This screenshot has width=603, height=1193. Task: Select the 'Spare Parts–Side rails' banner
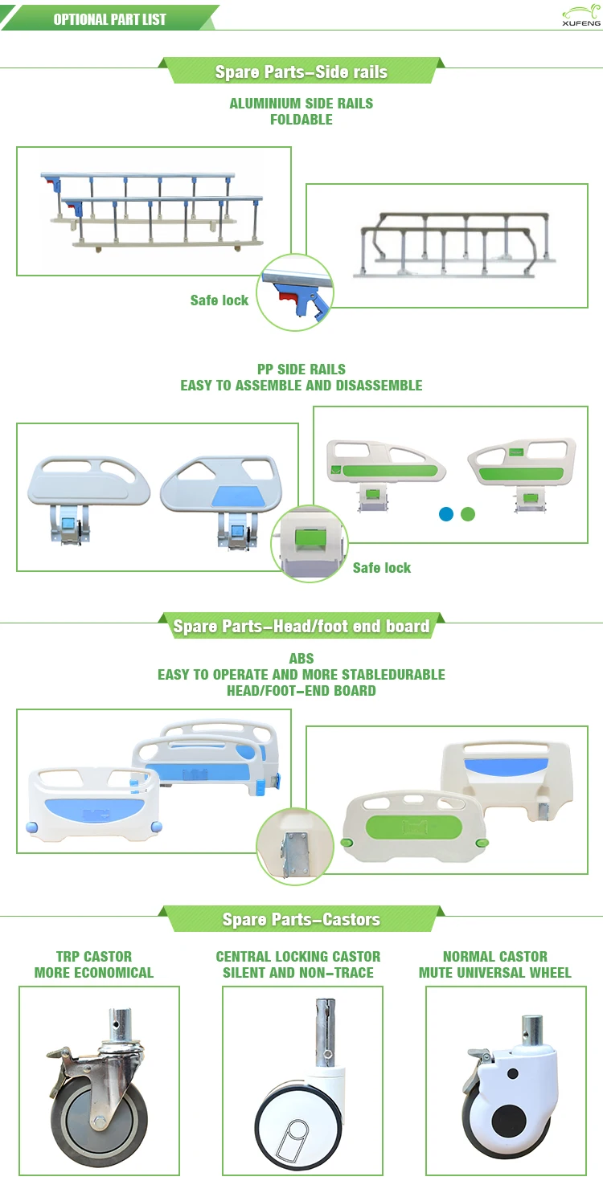pyautogui.click(x=301, y=71)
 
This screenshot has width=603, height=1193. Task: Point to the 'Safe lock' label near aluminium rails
pyautogui.click(x=219, y=300)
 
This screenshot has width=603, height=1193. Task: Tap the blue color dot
pyautogui.click(x=446, y=513)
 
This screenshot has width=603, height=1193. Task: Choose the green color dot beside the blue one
pyautogui.click(x=468, y=513)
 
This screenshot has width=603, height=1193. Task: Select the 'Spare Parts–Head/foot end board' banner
pyautogui.click(x=301, y=626)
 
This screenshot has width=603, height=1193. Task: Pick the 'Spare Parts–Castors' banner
pyautogui.click(x=301, y=919)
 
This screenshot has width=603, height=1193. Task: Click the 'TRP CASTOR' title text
pyautogui.click(x=94, y=956)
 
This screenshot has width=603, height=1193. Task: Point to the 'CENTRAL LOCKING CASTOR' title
pyautogui.click(x=298, y=956)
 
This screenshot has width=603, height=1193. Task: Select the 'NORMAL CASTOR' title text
pyautogui.click(x=495, y=956)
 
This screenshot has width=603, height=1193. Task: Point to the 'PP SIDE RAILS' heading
pyautogui.click(x=301, y=370)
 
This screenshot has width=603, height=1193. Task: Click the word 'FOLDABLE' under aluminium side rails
pyautogui.click(x=301, y=120)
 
